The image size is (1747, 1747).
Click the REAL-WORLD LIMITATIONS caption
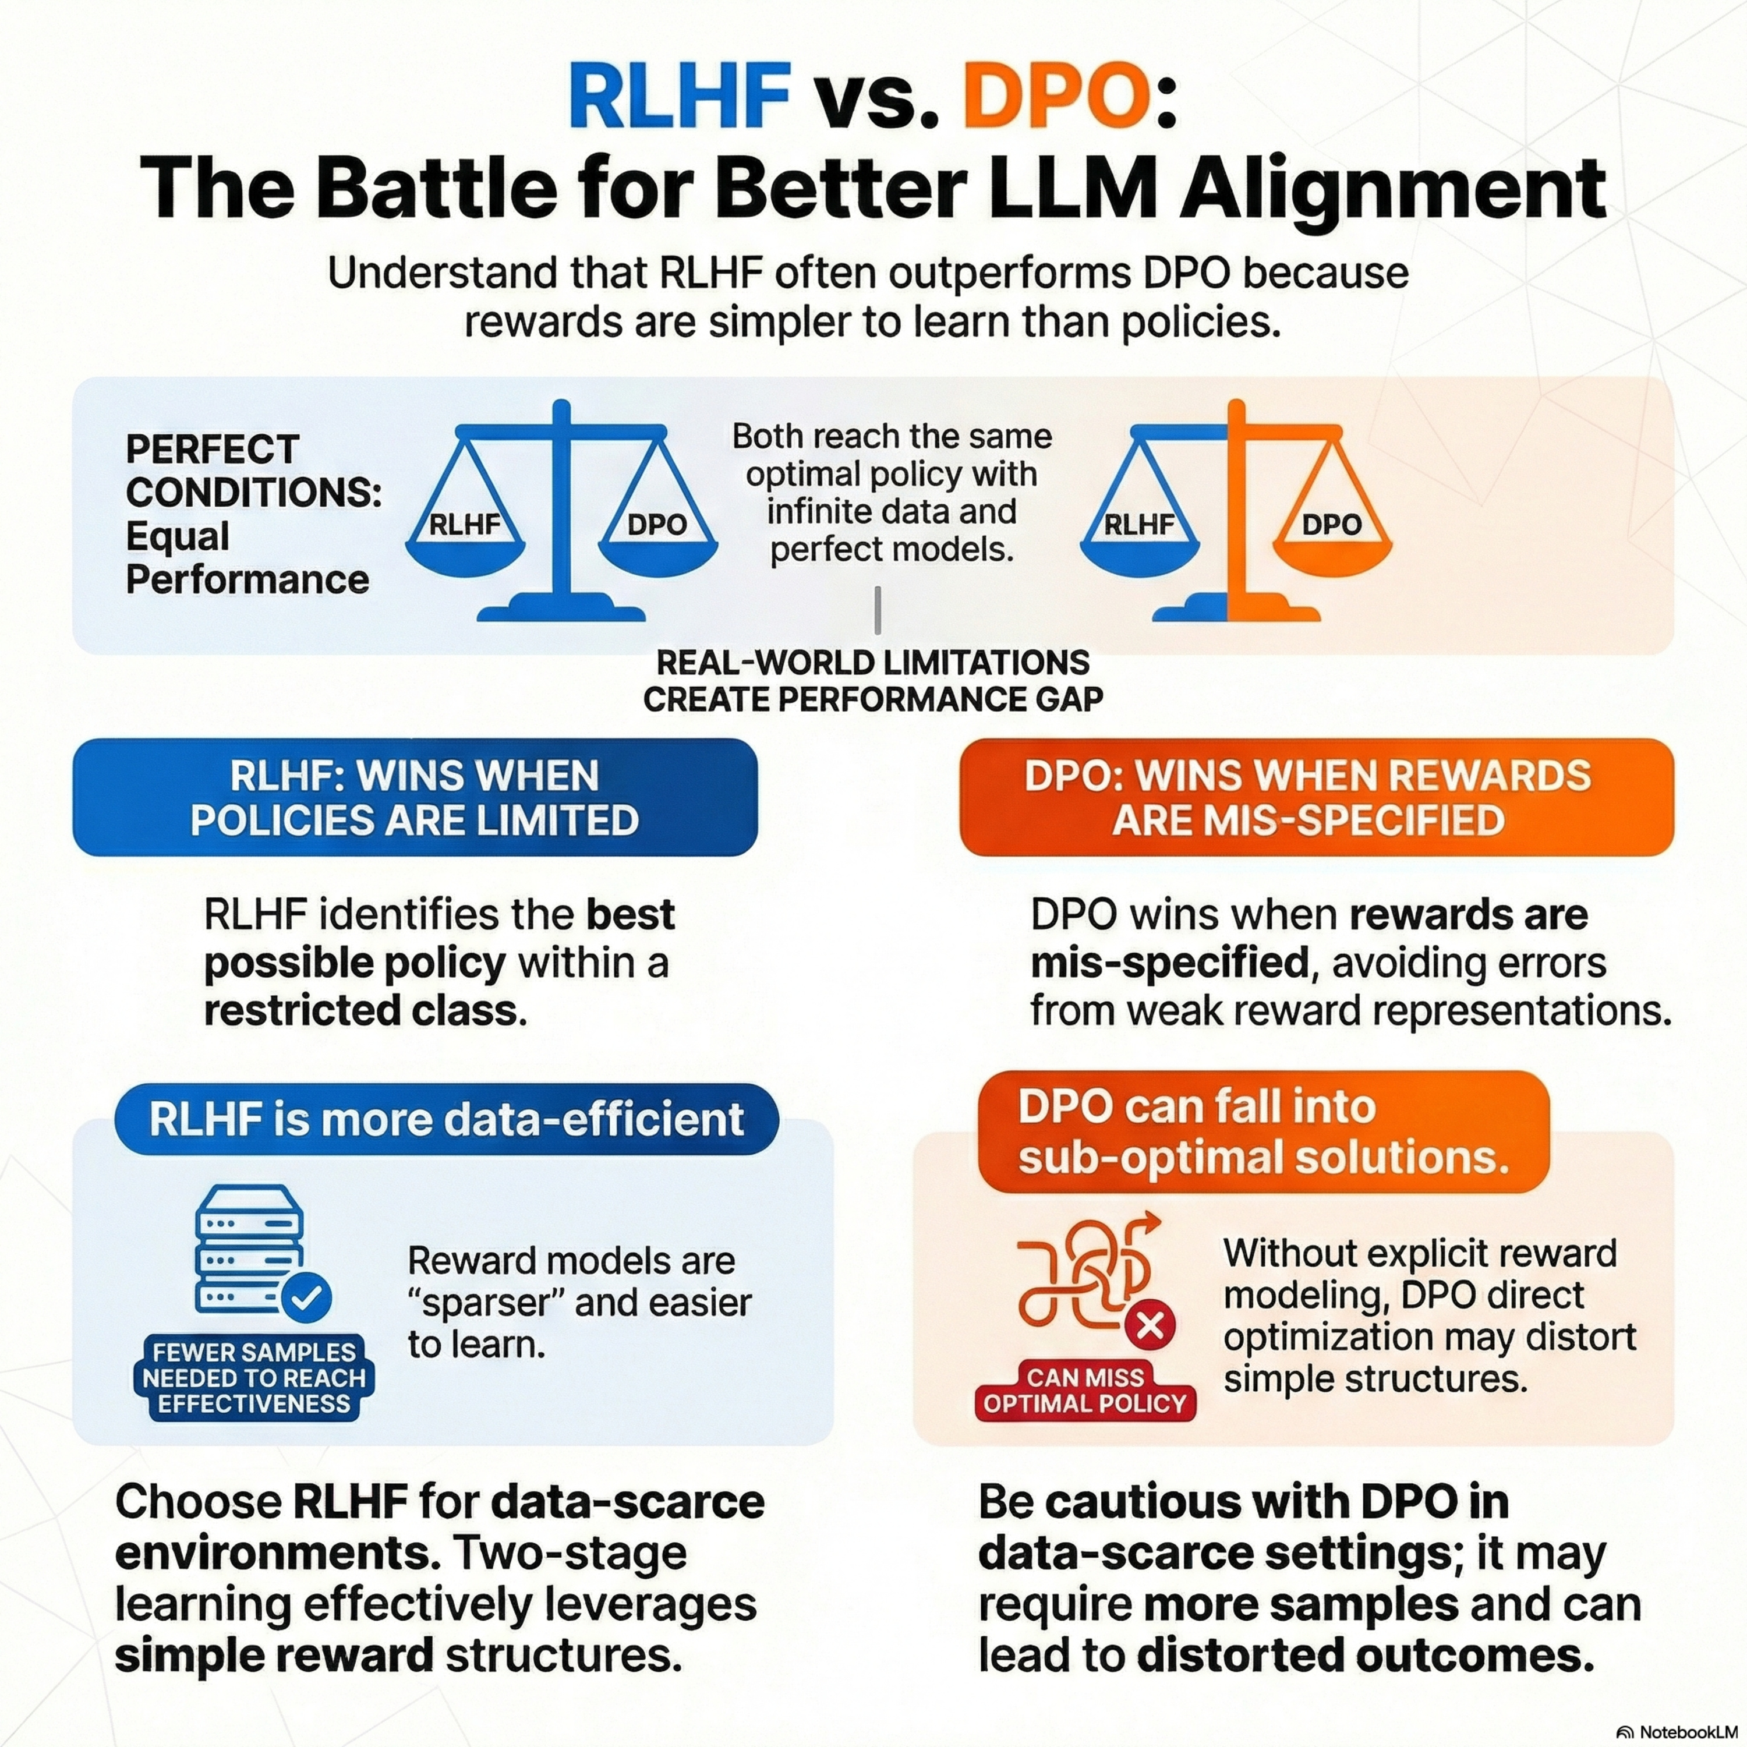pyautogui.click(x=872, y=680)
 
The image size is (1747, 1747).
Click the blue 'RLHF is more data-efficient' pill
pyautogui.click(x=447, y=1119)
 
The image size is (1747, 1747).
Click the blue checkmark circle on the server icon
pyautogui.click(x=306, y=1299)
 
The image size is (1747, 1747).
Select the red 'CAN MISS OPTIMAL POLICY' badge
pyautogui.click(x=1085, y=1391)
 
